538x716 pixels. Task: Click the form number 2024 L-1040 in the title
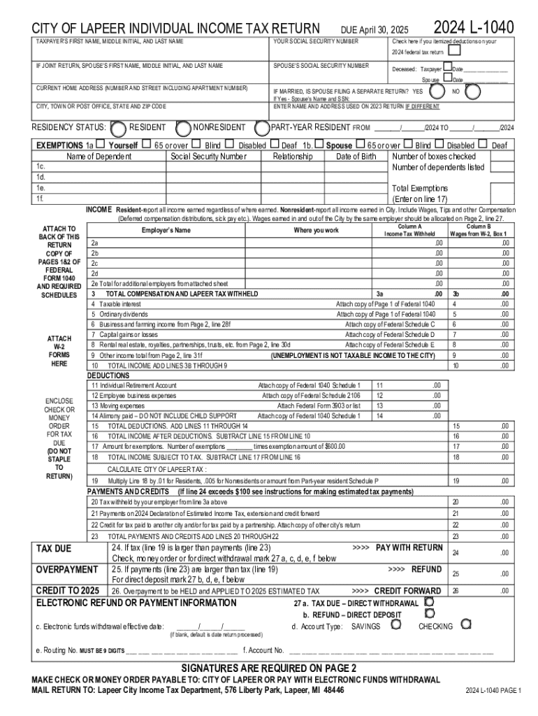click(x=474, y=27)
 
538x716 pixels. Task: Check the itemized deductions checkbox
click(x=455, y=50)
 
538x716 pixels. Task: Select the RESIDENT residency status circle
click(x=119, y=128)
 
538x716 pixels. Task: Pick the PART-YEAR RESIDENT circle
click(x=262, y=128)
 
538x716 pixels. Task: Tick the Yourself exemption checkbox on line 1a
click(x=101, y=145)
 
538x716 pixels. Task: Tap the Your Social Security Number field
click(x=328, y=50)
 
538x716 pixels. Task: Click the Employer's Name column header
click(x=166, y=230)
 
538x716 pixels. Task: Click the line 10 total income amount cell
click(x=493, y=366)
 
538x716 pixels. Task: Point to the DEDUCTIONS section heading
click(x=108, y=375)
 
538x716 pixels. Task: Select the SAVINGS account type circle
click(x=396, y=624)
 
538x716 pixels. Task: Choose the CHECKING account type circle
click(x=465, y=624)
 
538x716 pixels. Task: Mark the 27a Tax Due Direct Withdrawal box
click(x=430, y=601)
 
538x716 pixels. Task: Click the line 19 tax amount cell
click(x=493, y=481)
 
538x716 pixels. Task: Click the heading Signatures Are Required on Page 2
click(x=269, y=667)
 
